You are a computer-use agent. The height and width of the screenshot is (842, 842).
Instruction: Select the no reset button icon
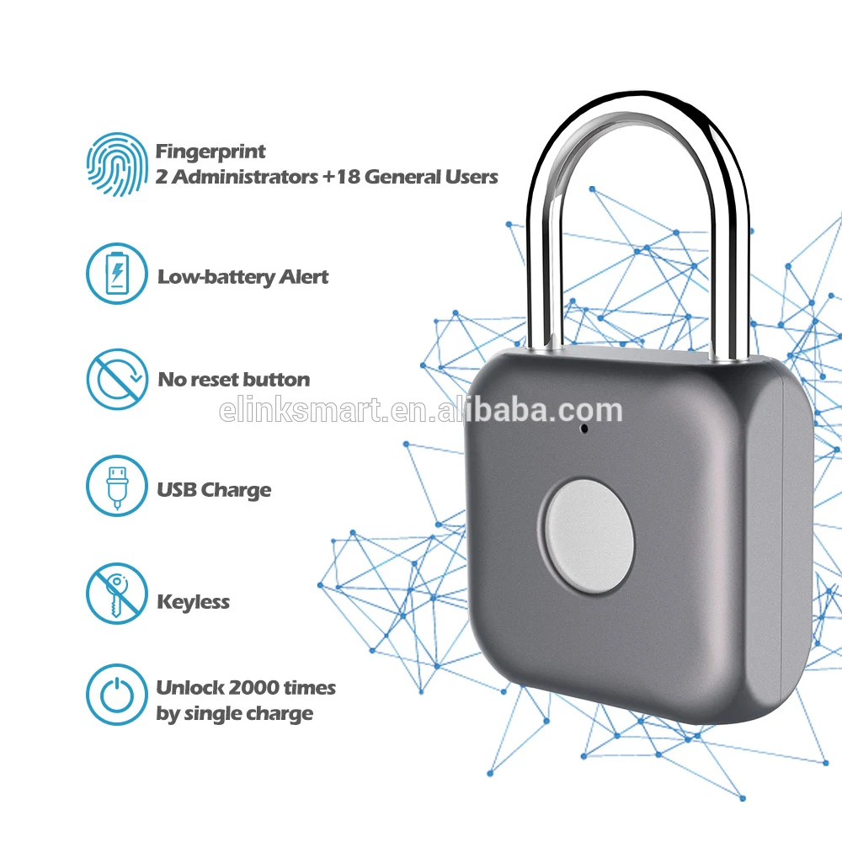point(118,380)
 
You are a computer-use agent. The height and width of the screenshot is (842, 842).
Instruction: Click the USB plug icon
point(118,487)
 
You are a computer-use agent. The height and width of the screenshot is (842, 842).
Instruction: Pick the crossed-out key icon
point(118,594)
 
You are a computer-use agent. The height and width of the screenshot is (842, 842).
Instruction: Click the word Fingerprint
point(210,152)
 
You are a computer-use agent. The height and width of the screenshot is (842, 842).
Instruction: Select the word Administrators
point(244,177)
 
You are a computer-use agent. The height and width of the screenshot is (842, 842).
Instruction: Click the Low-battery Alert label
point(242,277)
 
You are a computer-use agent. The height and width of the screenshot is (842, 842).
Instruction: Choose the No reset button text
point(233,380)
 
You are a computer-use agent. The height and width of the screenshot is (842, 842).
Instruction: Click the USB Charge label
point(214,490)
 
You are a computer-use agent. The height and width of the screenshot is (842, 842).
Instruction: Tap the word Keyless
point(193,602)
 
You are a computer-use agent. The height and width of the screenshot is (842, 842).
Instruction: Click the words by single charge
point(234,714)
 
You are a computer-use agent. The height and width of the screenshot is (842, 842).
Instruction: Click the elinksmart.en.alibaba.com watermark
point(420,411)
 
